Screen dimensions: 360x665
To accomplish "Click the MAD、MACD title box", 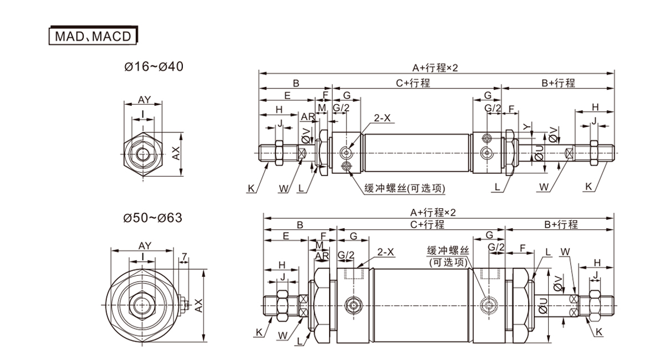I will click(x=93, y=36).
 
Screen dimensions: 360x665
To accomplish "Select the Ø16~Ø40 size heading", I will click(x=154, y=67).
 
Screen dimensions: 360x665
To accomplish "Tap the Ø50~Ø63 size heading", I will click(x=153, y=217).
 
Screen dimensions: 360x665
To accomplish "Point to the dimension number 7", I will click(x=184, y=256).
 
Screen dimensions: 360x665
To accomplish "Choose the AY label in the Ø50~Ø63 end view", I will click(x=145, y=246).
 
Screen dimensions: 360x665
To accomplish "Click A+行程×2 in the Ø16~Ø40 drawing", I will click(x=435, y=68).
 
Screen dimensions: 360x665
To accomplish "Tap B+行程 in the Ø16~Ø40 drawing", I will click(x=558, y=83).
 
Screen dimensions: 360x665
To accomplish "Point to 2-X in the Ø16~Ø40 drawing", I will click(x=382, y=118).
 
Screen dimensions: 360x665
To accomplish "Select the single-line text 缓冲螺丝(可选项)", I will click(x=405, y=188).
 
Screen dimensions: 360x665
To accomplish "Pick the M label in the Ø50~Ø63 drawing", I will click(x=319, y=245).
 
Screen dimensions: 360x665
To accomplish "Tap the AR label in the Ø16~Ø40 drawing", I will click(x=307, y=117).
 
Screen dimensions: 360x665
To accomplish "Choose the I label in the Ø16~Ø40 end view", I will click(x=143, y=114).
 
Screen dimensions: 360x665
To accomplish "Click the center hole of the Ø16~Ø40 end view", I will click(x=143, y=153).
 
